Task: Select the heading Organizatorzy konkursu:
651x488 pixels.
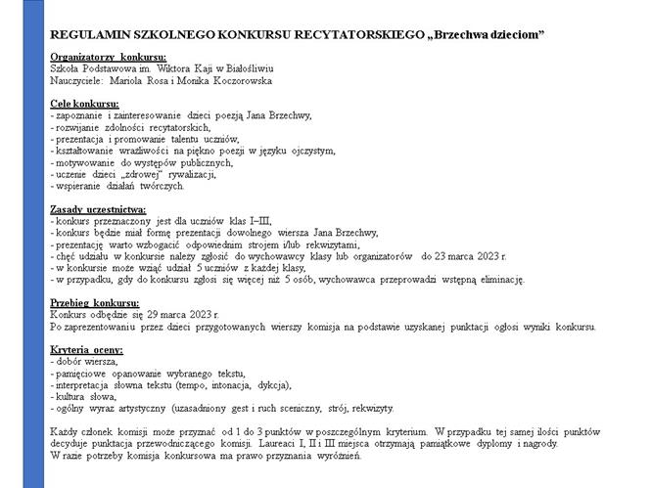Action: pos(108,58)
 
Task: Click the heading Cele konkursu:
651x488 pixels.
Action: pos(85,104)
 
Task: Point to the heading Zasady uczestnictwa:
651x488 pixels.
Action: pos(98,208)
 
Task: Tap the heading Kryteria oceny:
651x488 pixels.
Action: pos(88,349)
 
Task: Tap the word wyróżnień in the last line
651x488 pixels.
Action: pos(340,455)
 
